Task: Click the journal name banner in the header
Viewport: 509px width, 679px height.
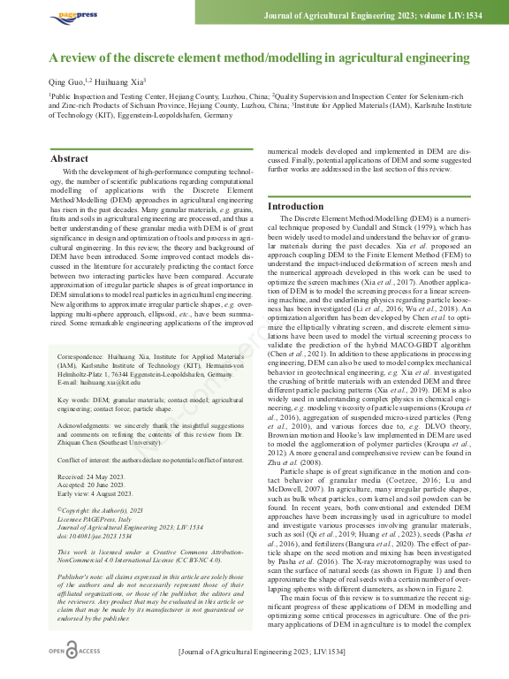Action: [x=370, y=16]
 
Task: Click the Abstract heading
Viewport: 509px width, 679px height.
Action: [x=69, y=159]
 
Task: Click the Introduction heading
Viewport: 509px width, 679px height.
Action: [x=296, y=206]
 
